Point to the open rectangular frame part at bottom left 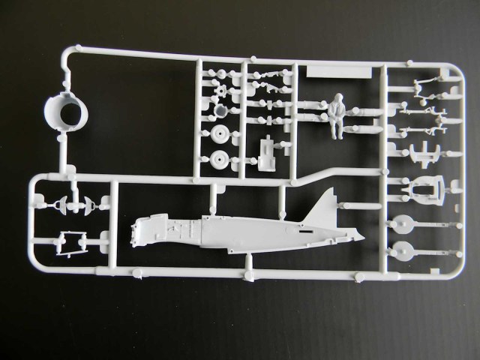click(x=71, y=241)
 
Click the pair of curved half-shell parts click(x=72, y=203)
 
